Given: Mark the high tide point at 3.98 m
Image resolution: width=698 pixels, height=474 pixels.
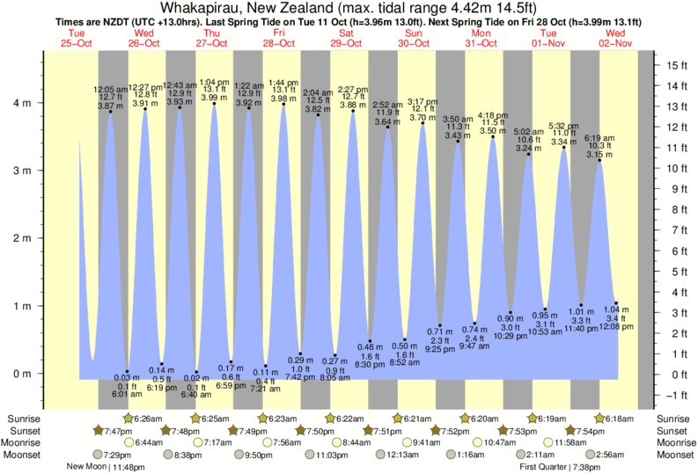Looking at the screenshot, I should [283, 106].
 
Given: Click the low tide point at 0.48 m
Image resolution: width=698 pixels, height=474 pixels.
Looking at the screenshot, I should [370, 341].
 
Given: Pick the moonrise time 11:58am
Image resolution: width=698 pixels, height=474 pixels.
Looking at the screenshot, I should [571, 442].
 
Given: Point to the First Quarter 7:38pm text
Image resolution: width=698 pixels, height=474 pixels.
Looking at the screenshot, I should [557, 467].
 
